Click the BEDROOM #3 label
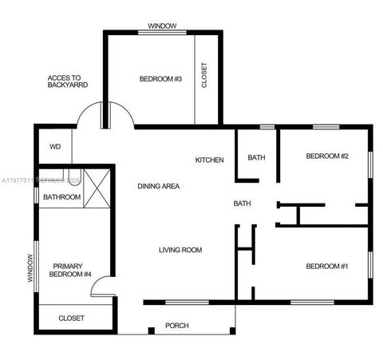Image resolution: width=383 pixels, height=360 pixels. click(x=161, y=78)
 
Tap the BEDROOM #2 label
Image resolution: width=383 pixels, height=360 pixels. click(x=327, y=156)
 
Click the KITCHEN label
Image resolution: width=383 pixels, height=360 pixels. click(x=210, y=160)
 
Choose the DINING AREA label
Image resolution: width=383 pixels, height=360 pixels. click(x=158, y=186)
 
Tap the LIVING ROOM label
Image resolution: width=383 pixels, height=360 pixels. click(x=180, y=250)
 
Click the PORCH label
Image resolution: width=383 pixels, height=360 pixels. click(x=176, y=326)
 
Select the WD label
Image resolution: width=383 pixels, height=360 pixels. click(x=55, y=147)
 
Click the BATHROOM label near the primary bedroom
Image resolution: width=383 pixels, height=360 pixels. click(x=62, y=196)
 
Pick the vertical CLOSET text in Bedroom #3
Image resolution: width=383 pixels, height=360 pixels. click(x=204, y=76)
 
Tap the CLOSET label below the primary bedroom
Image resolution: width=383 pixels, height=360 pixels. click(x=71, y=318)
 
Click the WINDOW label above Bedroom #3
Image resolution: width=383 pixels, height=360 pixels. click(x=162, y=26)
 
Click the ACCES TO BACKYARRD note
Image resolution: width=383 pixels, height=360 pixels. click(x=67, y=81)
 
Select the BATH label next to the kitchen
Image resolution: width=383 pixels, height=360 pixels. click(x=256, y=157)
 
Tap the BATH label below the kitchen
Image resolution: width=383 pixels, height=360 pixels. click(x=242, y=204)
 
